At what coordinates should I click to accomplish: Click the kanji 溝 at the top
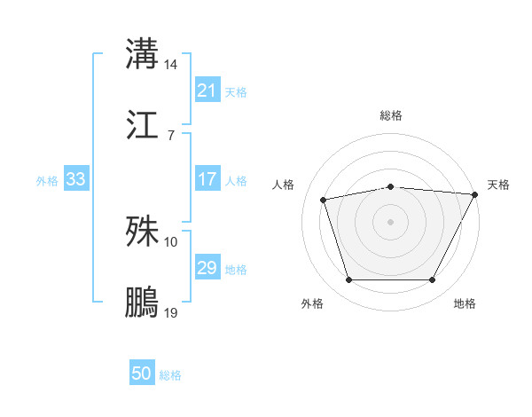click(142, 53)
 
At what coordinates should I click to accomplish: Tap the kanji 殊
click(142, 231)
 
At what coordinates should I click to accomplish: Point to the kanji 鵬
click(142, 302)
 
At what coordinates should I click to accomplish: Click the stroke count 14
click(171, 65)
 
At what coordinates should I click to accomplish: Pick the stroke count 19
click(171, 313)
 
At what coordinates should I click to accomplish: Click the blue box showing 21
click(207, 90)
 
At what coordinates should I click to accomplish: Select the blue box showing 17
click(207, 179)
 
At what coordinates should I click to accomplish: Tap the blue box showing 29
click(207, 268)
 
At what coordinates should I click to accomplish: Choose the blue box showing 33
click(76, 179)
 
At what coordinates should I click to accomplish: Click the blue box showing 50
click(142, 374)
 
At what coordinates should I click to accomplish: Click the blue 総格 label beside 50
click(170, 375)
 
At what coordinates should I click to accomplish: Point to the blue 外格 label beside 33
click(47, 180)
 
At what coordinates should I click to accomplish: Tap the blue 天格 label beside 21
click(236, 91)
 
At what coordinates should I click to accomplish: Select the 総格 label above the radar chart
click(390, 115)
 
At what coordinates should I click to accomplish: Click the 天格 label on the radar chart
click(498, 185)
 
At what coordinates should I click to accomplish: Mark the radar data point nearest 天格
click(476, 194)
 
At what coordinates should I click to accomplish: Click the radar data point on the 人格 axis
click(324, 200)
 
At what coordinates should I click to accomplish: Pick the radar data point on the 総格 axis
click(390, 186)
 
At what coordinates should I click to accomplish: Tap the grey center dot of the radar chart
click(390, 221)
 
